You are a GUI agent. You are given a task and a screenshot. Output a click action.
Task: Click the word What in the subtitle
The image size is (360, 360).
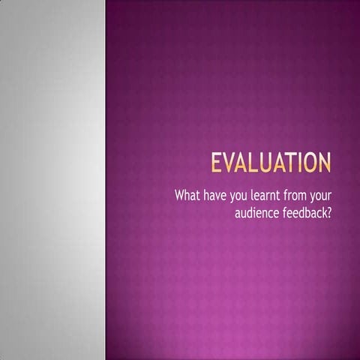tap(188, 196)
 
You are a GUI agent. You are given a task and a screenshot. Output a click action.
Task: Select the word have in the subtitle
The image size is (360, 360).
tap(219, 196)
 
